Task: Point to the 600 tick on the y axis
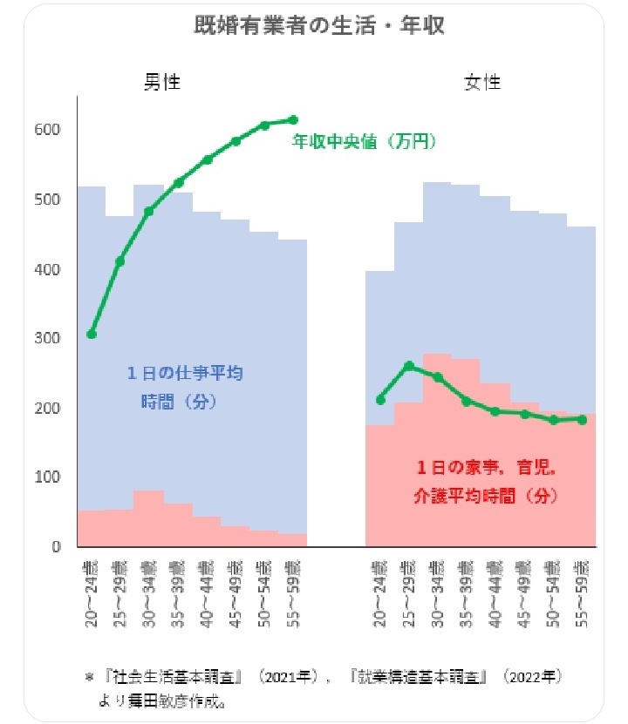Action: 48,130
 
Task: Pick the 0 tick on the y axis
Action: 56,547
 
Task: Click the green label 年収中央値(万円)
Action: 364,139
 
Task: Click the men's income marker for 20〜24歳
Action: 92,334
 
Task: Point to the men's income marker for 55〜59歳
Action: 293,120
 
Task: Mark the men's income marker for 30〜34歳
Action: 148,211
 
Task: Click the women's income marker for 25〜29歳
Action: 408,366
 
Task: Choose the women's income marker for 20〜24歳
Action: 379,400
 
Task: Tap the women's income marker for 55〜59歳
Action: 582,419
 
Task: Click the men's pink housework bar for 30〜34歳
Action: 148,519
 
